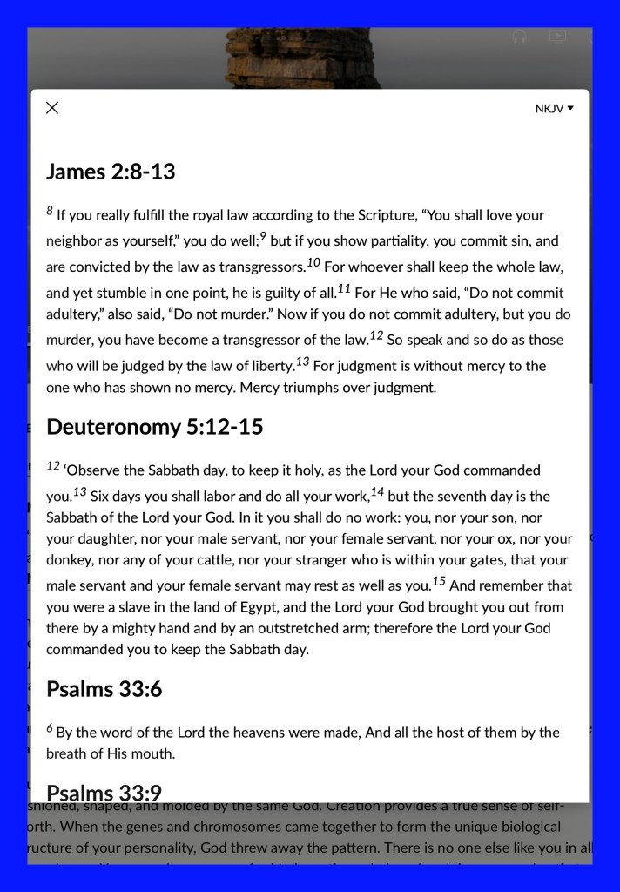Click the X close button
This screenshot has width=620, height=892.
[52, 108]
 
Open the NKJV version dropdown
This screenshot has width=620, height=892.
[555, 109]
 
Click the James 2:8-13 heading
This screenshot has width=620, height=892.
[111, 172]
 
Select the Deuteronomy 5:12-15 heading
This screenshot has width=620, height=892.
[154, 427]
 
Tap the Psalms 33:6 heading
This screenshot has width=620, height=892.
[104, 690]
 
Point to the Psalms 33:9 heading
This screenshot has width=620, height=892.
[104, 793]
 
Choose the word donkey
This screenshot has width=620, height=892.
[70, 560]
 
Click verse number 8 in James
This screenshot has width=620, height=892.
[50, 212]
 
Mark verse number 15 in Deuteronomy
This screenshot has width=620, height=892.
[439, 581]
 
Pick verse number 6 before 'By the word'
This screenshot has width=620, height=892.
[50, 729]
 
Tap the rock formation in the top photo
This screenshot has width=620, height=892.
[305, 57]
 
